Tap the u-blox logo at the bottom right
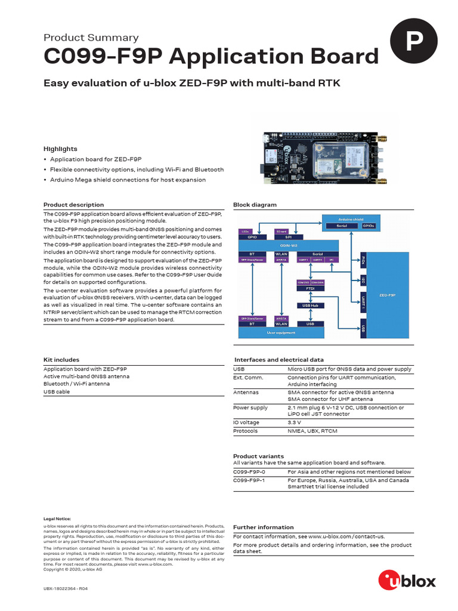tap(407, 579)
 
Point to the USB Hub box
tap(310, 305)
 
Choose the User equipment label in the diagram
tap(280, 332)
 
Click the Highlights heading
tap(60, 149)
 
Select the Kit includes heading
tap(61, 360)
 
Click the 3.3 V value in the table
tap(295, 422)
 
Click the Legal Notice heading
tap(57, 519)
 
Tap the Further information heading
tap(263, 527)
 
